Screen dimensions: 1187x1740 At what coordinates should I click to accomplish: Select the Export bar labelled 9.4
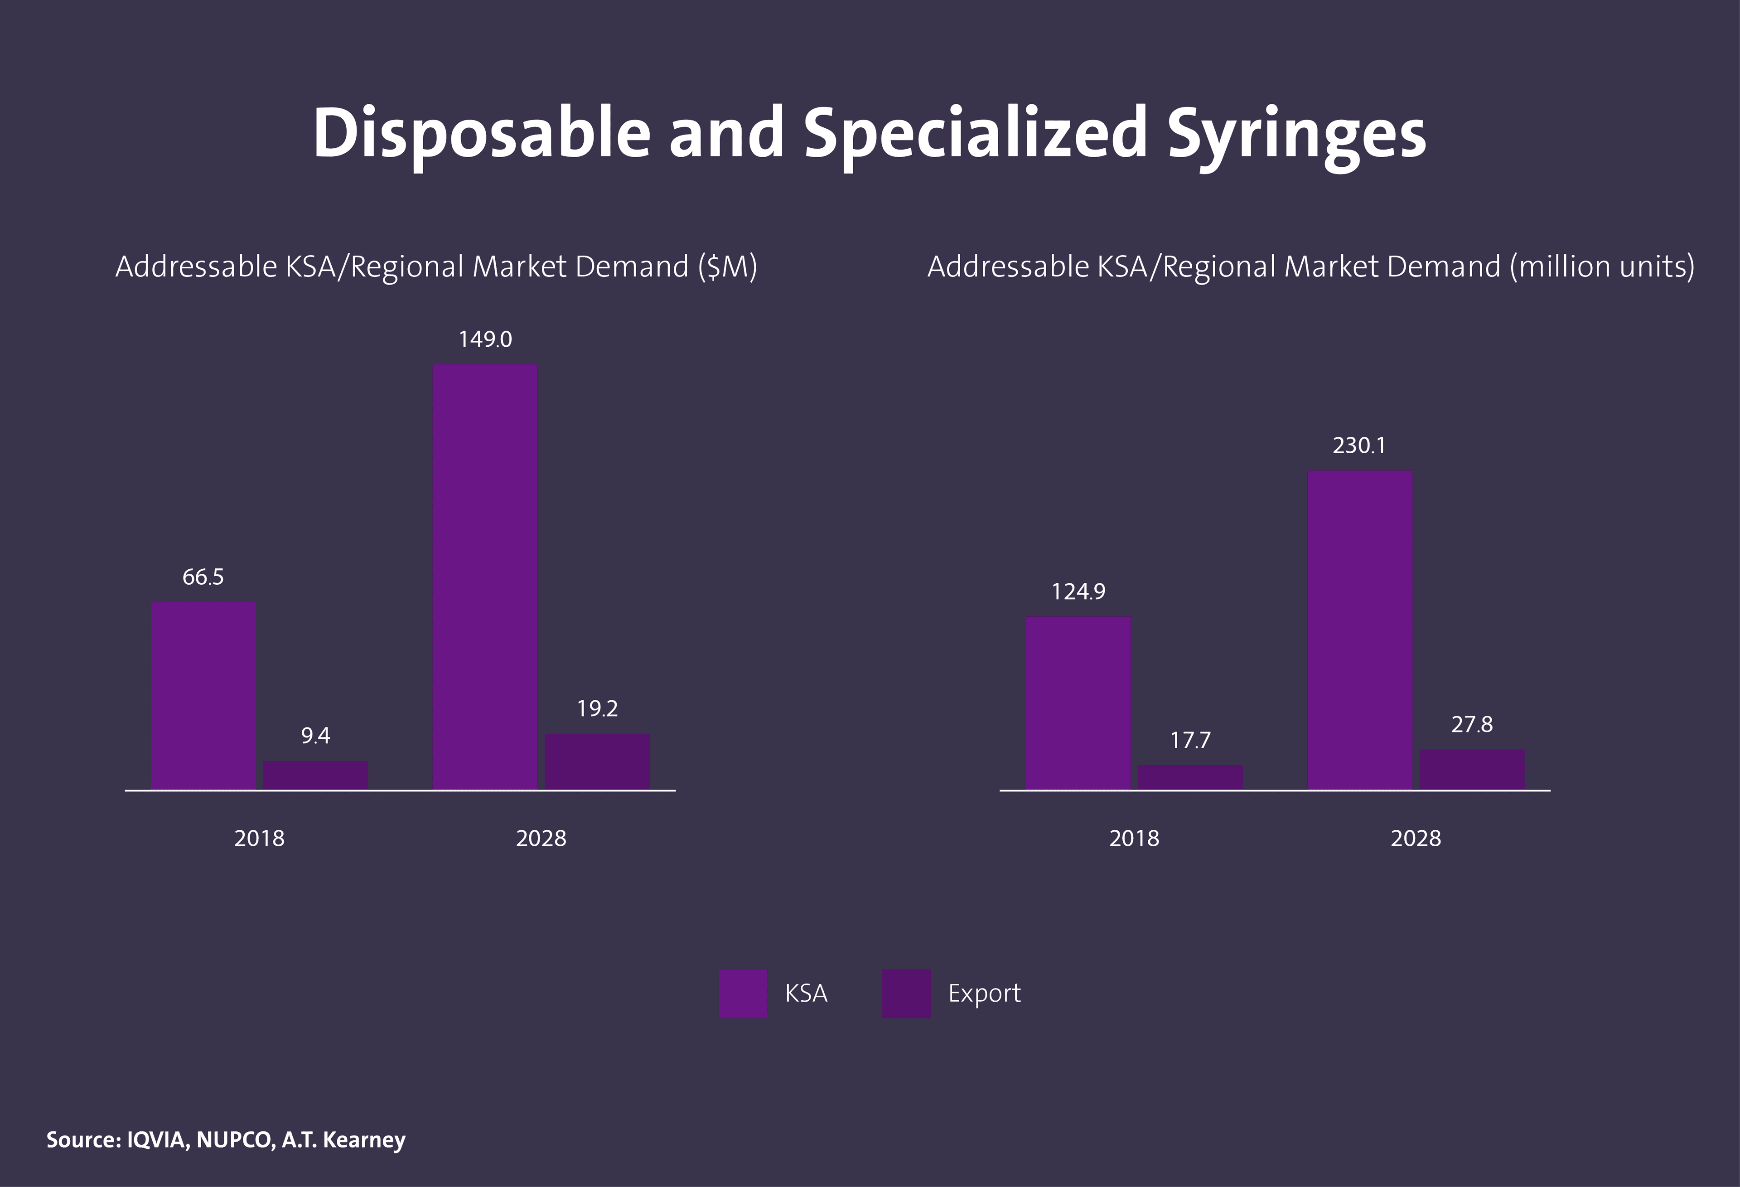315,775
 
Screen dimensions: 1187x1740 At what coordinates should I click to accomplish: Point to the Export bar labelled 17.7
1190,777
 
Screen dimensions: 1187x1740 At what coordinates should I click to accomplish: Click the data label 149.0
485,340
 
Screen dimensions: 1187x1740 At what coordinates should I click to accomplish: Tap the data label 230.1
1359,446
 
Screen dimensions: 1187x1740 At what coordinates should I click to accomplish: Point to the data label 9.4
315,736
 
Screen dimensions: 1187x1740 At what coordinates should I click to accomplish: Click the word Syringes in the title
1296,135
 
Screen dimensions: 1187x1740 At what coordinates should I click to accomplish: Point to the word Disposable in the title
481,135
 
